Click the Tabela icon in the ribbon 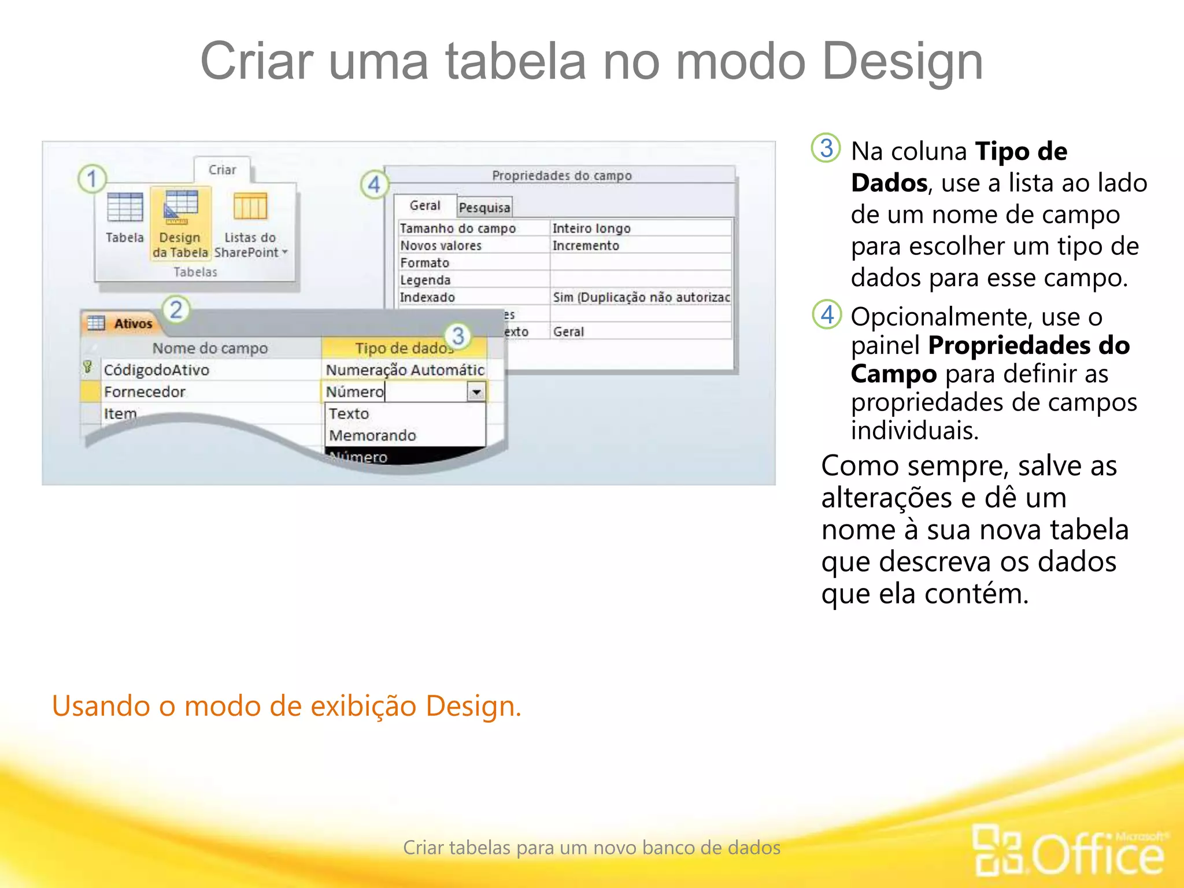point(125,208)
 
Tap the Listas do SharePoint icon point(250,208)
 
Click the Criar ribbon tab point(223,170)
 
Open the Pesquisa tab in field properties point(484,208)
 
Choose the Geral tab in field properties point(425,206)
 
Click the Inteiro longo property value point(591,228)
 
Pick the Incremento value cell point(586,246)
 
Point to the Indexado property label point(428,297)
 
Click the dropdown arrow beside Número point(476,392)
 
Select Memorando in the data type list point(372,435)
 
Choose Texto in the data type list point(349,413)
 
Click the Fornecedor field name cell point(145,392)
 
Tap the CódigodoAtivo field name point(157,370)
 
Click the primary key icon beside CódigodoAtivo point(88,367)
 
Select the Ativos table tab point(133,324)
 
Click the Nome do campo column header point(210,348)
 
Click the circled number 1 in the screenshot point(92,179)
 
